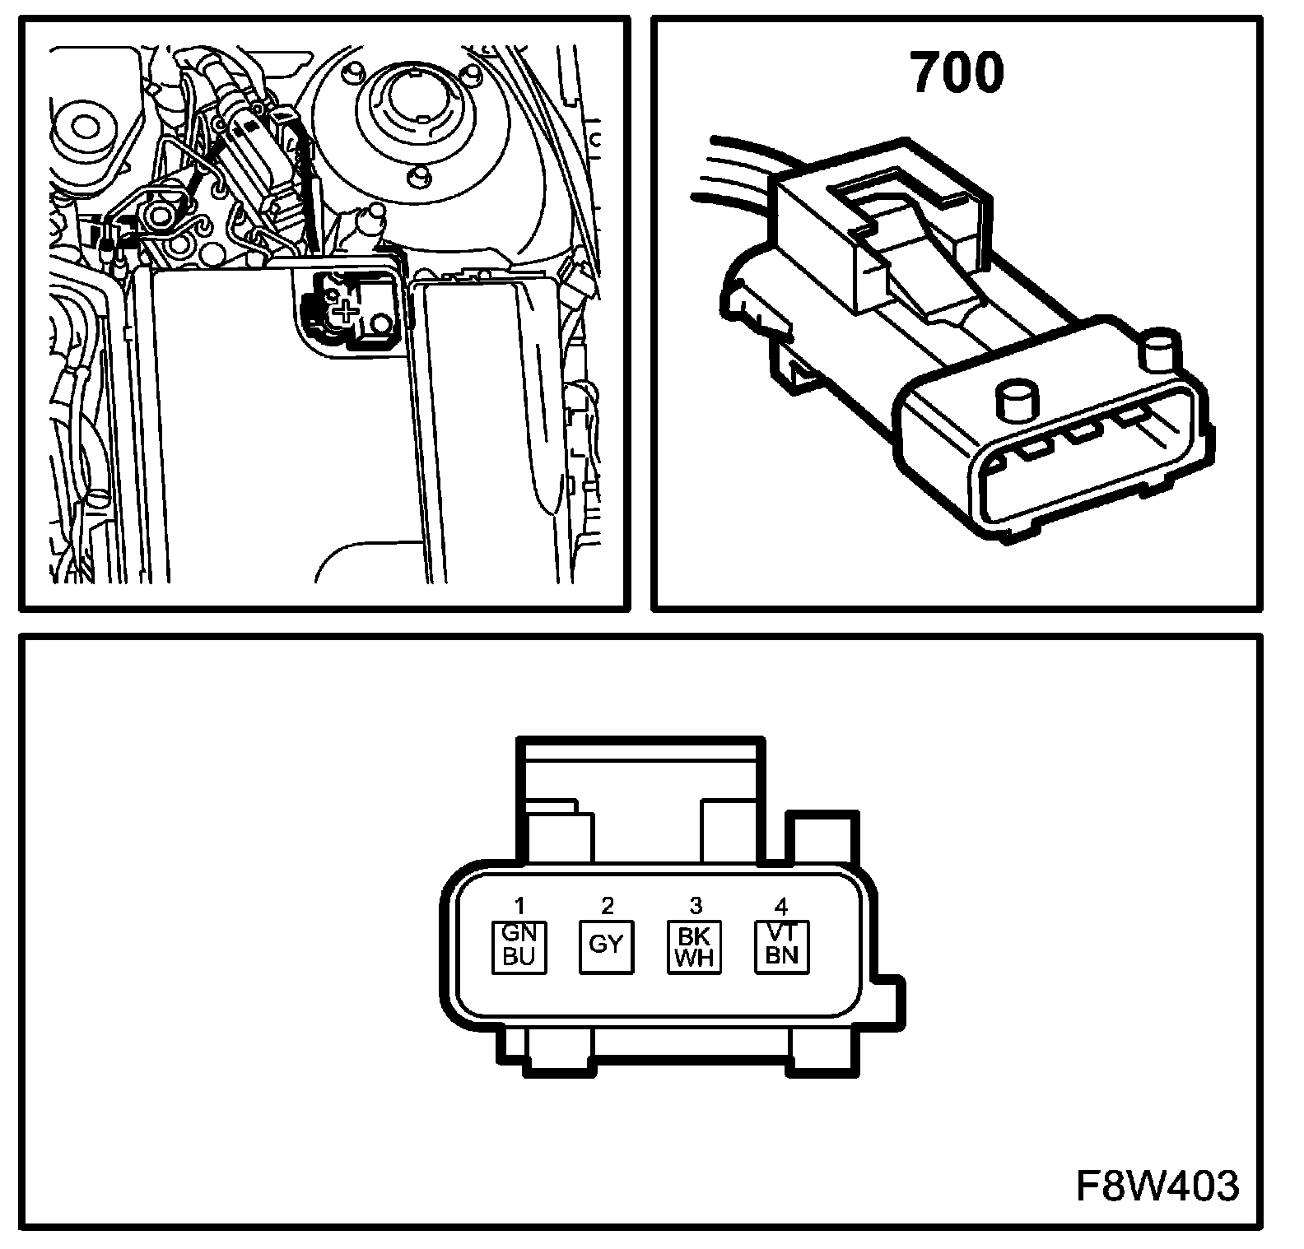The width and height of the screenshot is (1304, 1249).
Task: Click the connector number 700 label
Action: click(957, 72)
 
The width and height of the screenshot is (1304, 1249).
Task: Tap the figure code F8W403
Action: click(1157, 1186)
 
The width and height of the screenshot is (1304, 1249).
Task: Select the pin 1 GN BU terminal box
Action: click(519, 946)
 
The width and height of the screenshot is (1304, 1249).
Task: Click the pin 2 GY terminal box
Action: click(607, 946)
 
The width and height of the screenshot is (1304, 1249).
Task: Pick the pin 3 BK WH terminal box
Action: click(694, 946)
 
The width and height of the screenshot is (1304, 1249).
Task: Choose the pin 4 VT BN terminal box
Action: click(782, 946)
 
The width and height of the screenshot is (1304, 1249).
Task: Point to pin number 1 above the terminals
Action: click(519, 906)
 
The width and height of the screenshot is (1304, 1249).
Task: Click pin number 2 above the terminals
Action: click(608, 906)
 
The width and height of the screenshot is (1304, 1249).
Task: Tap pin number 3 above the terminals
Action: click(695, 906)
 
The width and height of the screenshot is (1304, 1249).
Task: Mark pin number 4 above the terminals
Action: click(782, 906)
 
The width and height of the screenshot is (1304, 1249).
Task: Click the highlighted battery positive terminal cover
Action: click(350, 309)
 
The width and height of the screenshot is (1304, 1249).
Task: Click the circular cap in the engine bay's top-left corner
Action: click(85, 128)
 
